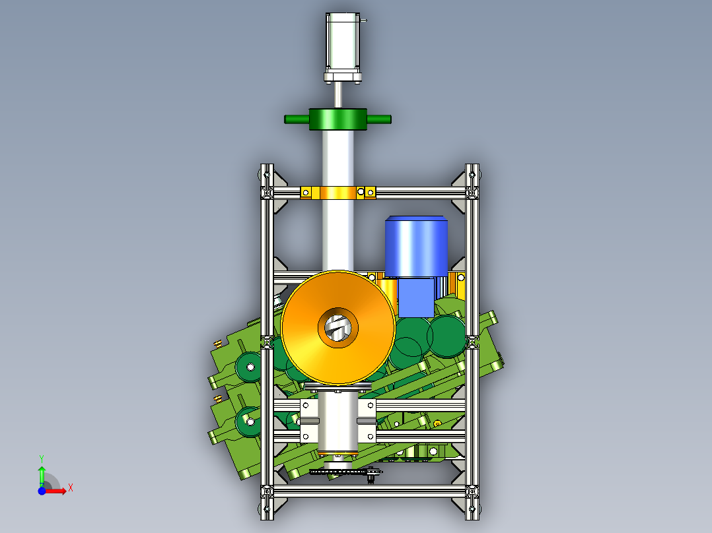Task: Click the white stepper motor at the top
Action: [x=343, y=47]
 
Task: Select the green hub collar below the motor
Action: [x=338, y=119]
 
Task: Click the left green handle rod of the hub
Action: [x=297, y=119]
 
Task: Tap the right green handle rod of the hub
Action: [x=378, y=119]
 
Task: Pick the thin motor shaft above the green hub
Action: [x=338, y=95]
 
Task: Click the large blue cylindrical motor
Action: [x=416, y=246]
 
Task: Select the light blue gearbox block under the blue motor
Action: [x=416, y=298]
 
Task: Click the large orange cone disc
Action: [x=338, y=327]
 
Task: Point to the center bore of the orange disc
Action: [x=338, y=327]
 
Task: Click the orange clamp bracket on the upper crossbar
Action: [x=338, y=193]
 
